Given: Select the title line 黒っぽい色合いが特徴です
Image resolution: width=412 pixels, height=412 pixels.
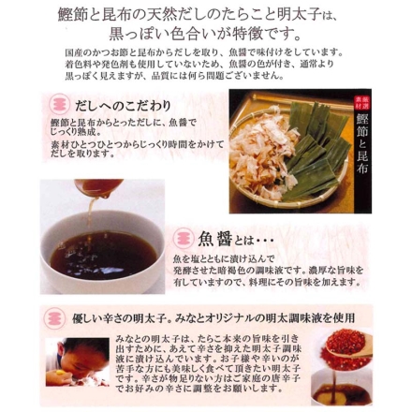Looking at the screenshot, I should (206, 43).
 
